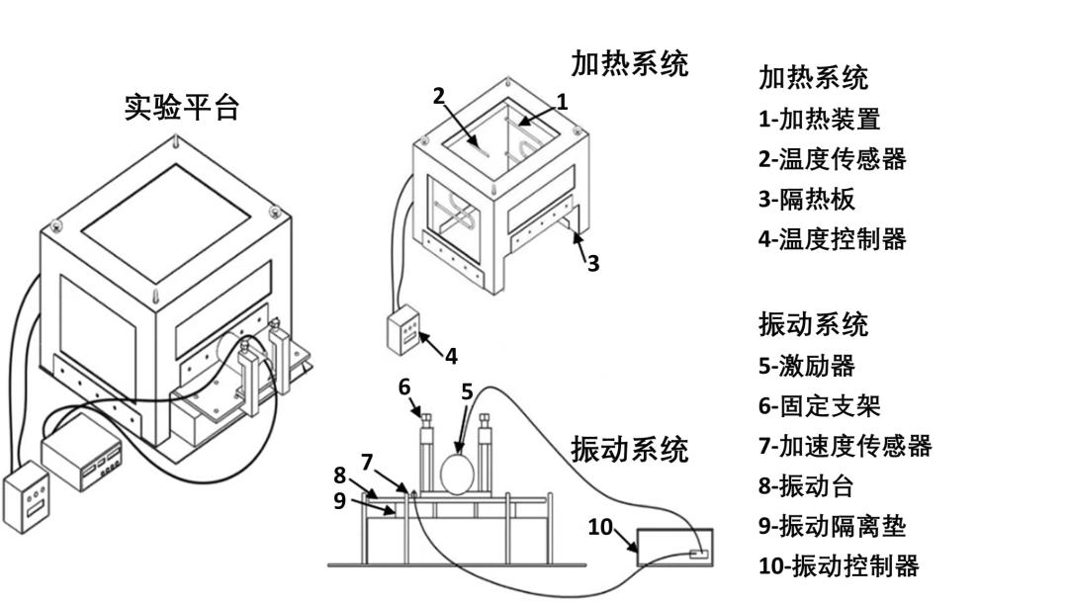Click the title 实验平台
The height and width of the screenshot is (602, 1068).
(x=182, y=108)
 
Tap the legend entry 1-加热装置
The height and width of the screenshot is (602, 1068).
(x=820, y=120)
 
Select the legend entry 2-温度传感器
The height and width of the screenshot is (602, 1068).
(x=833, y=159)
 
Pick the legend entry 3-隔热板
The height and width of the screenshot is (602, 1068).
(x=807, y=200)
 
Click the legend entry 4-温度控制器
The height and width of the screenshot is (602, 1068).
(x=833, y=239)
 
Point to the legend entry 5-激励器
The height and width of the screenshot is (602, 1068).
(x=807, y=366)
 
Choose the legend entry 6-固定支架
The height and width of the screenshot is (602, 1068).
(x=820, y=406)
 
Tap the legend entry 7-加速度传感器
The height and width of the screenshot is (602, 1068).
(x=845, y=446)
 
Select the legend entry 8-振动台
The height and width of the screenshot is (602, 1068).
(x=807, y=486)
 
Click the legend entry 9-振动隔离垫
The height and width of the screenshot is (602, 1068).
(x=833, y=526)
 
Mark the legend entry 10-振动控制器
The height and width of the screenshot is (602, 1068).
(x=840, y=565)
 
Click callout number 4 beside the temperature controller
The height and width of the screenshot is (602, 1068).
(x=451, y=356)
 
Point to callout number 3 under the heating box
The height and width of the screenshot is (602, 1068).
(x=593, y=264)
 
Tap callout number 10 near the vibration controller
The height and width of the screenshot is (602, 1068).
(x=600, y=527)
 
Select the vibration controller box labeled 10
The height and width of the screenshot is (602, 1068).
(x=675, y=548)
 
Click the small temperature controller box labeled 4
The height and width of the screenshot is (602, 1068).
(x=402, y=330)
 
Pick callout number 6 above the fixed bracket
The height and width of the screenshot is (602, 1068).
(x=404, y=387)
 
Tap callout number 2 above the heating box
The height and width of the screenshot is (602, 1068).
(x=439, y=96)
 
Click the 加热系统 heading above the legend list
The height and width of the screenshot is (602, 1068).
(x=813, y=78)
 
